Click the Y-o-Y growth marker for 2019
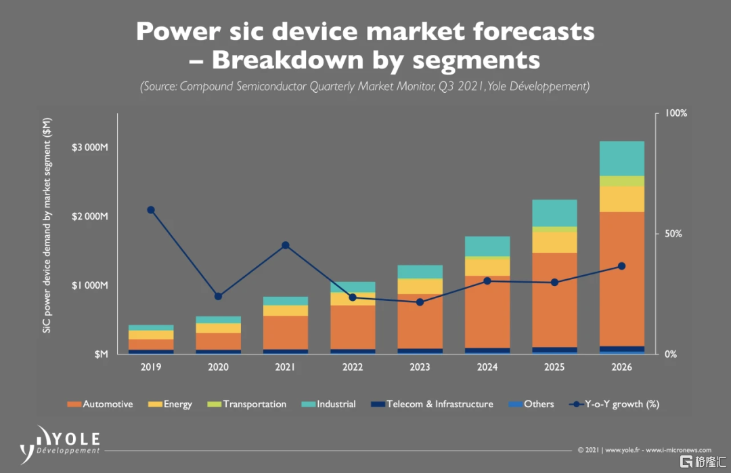pyautogui.click(x=151, y=210)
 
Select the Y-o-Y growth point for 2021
pyautogui.click(x=285, y=245)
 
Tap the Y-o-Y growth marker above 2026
pyautogui.click(x=621, y=266)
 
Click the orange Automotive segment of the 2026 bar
pyautogui.click(x=621, y=278)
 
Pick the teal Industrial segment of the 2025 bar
pyautogui.click(x=554, y=213)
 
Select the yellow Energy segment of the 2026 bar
pyautogui.click(x=621, y=199)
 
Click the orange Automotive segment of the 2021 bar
pyautogui.click(x=285, y=332)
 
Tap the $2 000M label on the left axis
pyautogui.click(x=89, y=217)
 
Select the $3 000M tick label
pyautogui.click(x=89, y=148)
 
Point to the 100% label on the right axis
pyautogui.click(x=676, y=114)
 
